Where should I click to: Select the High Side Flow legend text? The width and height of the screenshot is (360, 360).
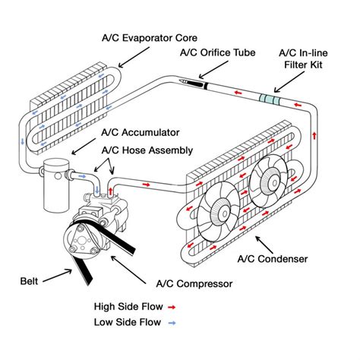[x=128, y=308]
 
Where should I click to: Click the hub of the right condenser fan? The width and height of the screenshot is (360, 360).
[x=268, y=181]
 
